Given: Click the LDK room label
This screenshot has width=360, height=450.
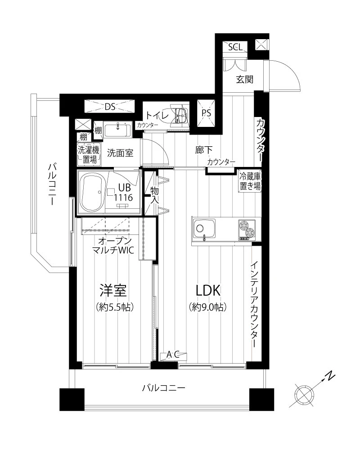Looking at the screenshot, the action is (x=208, y=290).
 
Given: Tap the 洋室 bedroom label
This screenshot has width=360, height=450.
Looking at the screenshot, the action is (x=113, y=290).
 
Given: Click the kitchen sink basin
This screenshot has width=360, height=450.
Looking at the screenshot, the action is (x=204, y=229).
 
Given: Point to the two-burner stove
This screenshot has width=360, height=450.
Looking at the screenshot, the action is (x=247, y=229).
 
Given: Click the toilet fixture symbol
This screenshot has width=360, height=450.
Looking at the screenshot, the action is (x=180, y=115).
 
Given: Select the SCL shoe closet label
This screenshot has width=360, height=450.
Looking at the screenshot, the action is (x=235, y=47).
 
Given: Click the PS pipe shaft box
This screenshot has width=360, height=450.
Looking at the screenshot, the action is (x=206, y=113).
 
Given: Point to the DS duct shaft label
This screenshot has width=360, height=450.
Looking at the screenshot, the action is (x=110, y=107).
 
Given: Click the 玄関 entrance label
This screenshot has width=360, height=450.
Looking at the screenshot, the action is (x=245, y=79).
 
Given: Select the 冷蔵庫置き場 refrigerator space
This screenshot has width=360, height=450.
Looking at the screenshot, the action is (x=250, y=181).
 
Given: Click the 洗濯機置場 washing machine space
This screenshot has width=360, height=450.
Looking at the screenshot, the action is (x=89, y=154).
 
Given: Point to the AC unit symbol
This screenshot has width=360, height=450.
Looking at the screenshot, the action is (x=173, y=355).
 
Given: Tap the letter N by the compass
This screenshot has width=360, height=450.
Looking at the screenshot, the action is (x=330, y=376).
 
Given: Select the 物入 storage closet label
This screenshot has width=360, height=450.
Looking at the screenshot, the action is (x=155, y=195).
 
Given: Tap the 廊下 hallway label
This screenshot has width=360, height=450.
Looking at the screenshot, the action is (x=204, y=150).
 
